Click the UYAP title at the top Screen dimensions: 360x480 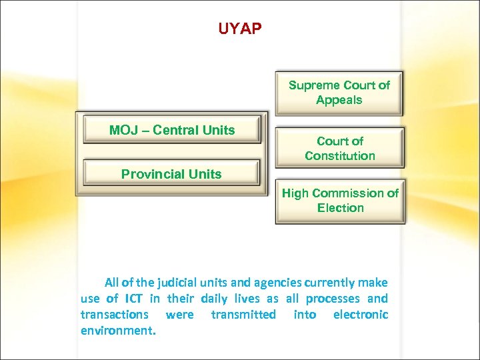[x=240, y=29]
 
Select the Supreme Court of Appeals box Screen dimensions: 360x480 [x=339, y=93]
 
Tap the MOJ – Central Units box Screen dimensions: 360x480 [x=172, y=131]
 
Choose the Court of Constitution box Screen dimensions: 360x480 [x=339, y=148]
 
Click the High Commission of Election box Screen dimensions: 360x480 [x=340, y=201]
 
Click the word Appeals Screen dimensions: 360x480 [x=339, y=100]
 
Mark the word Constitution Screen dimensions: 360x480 [x=340, y=156]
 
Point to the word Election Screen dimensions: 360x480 [x=340, y=208]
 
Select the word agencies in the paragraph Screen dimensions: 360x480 [x=263, y=283]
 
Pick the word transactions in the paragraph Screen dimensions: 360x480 [x=114, y=315]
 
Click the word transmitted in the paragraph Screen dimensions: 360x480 [x=243, y=315]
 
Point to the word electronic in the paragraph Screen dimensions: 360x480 [x=360, y=315]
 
